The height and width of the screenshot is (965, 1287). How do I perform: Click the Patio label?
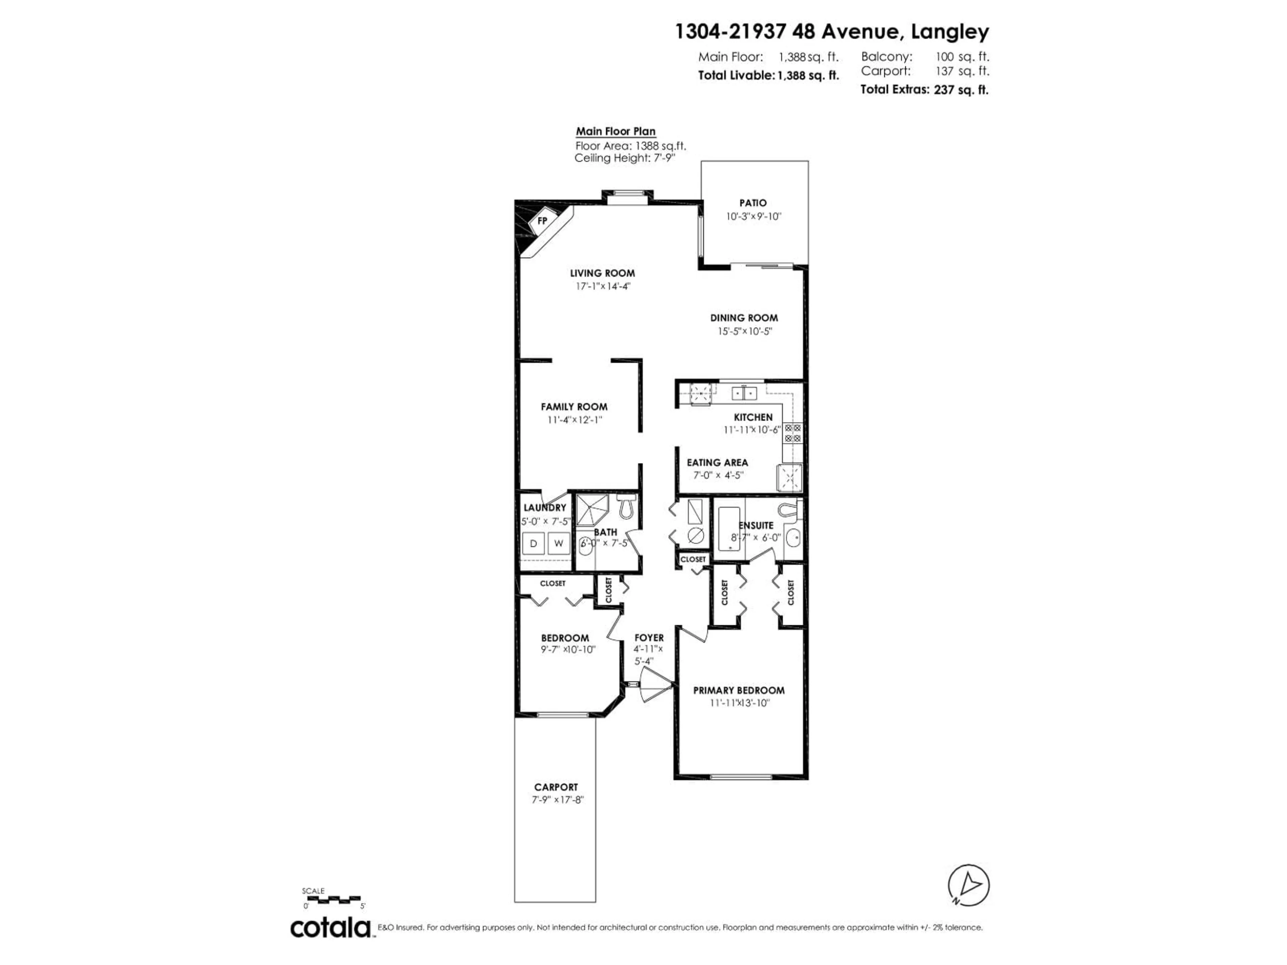[753, 203]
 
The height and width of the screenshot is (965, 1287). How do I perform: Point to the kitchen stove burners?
[792, 433]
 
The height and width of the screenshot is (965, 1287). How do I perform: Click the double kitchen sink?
[744, 394]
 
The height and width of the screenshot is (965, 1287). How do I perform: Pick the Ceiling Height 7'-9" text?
[624, 158]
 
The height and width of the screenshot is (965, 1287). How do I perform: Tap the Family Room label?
[574, 407]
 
